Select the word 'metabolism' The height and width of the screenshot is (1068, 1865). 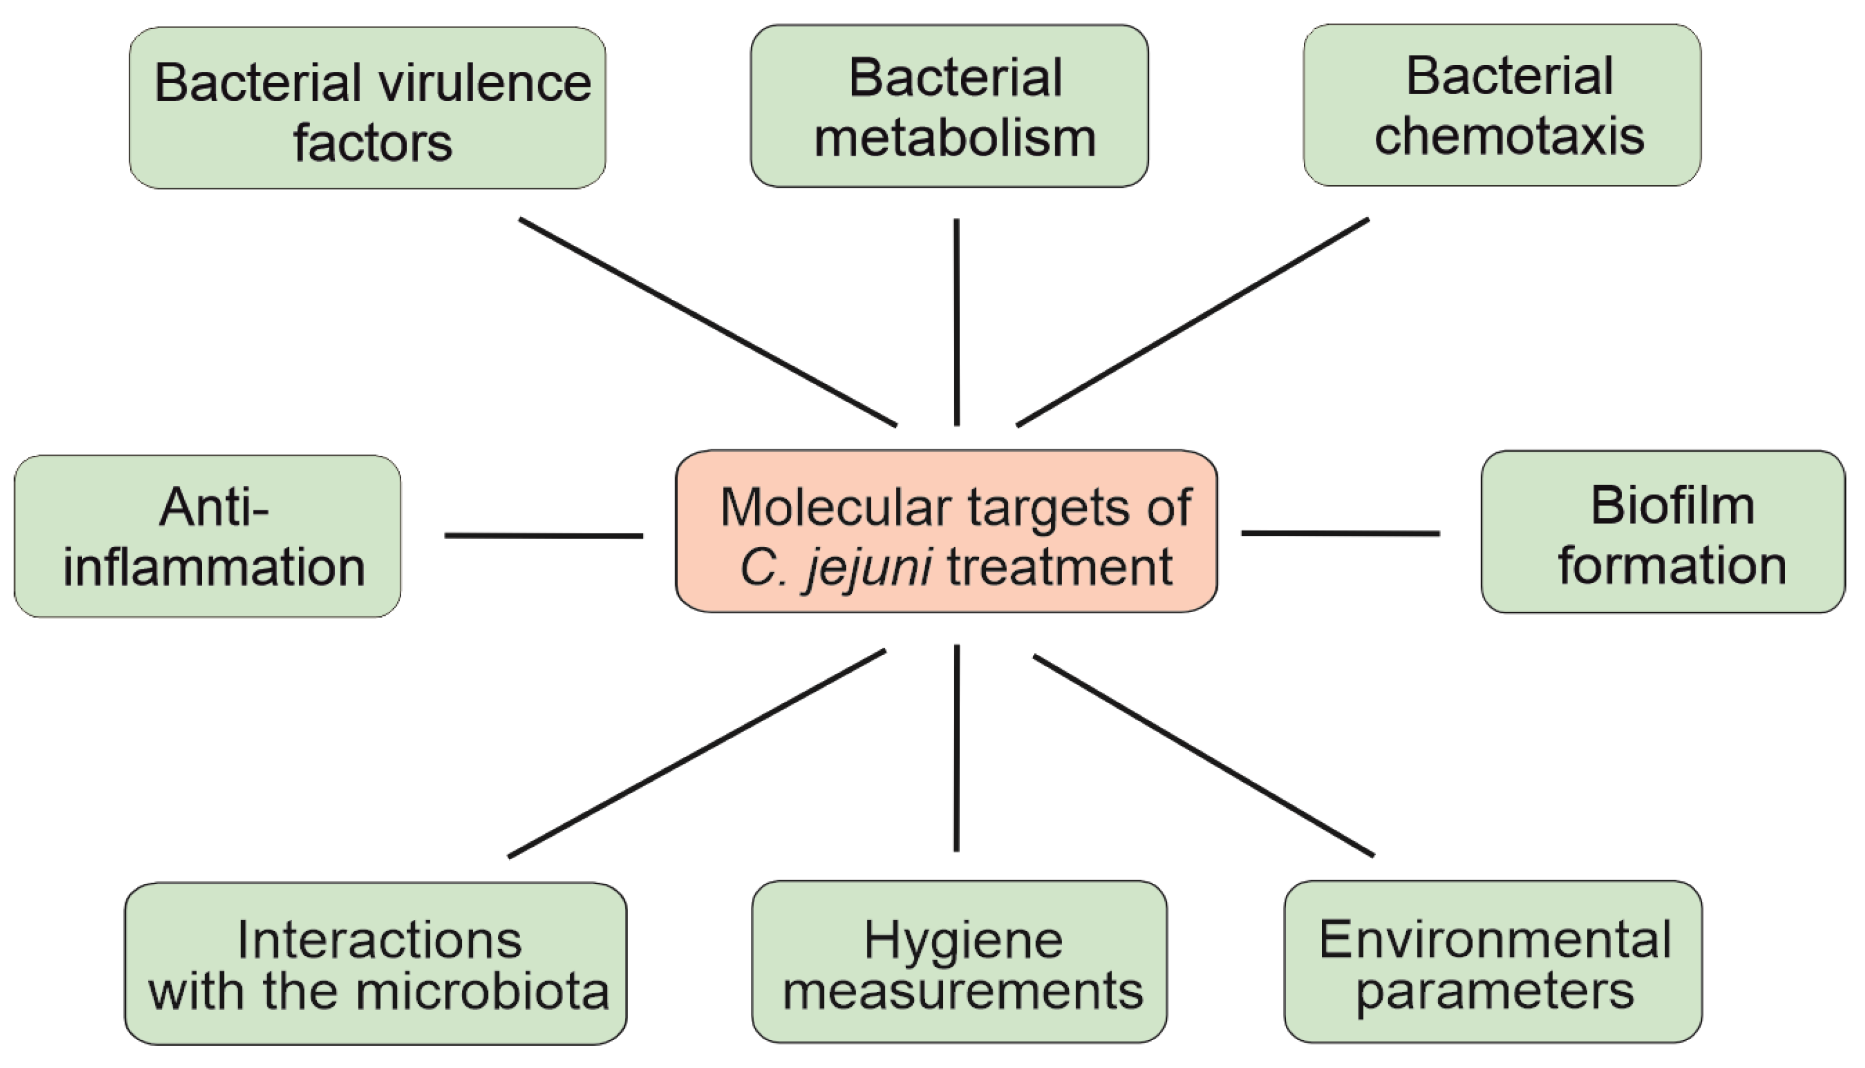(955, 139)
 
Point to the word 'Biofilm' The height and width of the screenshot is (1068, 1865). (1672, 506)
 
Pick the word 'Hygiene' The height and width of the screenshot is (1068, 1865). (962, 940)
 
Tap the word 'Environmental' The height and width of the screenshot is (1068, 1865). (1495, 940)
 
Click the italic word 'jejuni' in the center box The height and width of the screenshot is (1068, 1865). (869, 567)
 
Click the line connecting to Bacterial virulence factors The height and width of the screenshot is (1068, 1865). (707, 322)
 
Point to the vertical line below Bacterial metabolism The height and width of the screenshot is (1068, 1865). (956, 322)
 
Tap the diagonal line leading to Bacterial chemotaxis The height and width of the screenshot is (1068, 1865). (1193, 322)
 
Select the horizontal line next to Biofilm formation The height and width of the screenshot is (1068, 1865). (1340, 533)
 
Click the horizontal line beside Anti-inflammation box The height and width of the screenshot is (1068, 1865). (543, 535)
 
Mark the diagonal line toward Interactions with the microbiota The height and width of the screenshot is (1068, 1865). (696, 753)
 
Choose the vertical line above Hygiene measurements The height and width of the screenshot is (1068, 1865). (956, 748)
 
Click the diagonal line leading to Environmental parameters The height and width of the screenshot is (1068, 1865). (1203, 756)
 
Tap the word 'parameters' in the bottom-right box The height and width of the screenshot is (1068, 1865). (1494, 992)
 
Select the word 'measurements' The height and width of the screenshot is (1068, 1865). (962, 992)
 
